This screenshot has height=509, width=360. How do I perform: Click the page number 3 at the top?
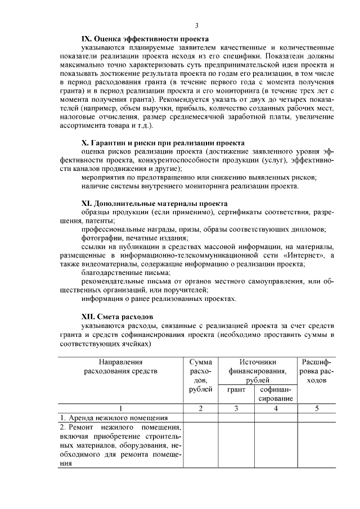196,25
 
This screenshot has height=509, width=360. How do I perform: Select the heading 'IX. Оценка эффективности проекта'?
145,39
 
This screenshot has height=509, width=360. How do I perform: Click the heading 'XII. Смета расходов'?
117,317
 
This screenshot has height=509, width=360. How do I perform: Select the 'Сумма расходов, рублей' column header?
201,375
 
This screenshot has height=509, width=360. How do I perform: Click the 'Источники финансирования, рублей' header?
257,371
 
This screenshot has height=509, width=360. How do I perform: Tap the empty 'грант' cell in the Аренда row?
236,418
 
